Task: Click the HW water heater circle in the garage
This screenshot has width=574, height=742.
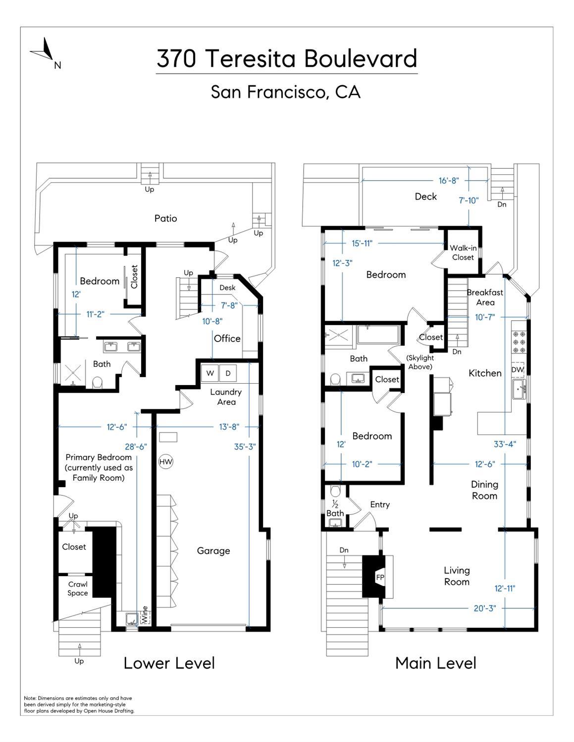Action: click(165, 462)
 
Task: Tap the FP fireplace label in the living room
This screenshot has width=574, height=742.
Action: click(380, 577)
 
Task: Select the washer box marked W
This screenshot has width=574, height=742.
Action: click(210, 373)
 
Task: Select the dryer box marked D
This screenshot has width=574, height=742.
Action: click(228, 373)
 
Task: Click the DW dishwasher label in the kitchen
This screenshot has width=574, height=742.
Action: click(517, 370)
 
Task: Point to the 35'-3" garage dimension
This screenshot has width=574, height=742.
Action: click(245, 446)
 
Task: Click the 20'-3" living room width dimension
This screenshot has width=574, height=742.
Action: click(484, 608)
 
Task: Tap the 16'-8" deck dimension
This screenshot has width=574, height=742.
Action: click(448, 181)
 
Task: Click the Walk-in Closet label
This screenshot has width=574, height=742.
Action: click(463, 252)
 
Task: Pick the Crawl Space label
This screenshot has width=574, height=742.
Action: click(78, 589)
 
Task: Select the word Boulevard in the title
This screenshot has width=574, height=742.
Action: click(360, 58)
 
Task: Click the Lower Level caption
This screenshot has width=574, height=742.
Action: click(169, 663)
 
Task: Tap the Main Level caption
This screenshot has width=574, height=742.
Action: click(435, 663)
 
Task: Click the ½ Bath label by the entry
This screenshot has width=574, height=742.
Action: click(335, 509)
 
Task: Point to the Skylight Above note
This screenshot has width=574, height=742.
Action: click(420, 362)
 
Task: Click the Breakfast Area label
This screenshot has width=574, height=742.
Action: click(485, 297)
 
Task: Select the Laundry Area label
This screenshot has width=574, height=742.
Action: click(226, 396)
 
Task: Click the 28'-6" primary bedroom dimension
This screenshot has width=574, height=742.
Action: click(136, 446)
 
